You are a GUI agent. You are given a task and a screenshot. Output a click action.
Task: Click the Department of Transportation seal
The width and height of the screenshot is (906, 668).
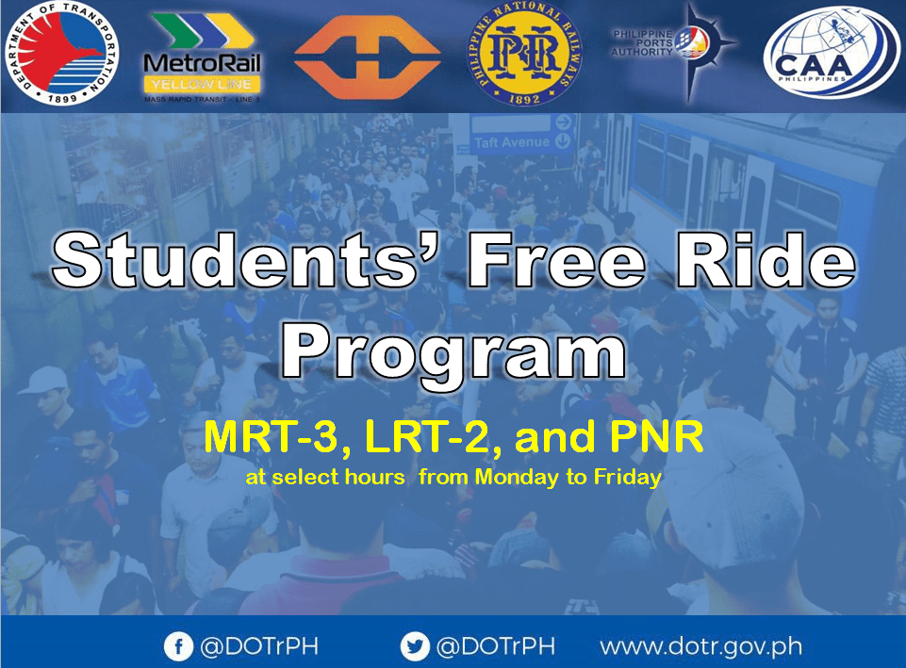tap(55, 55)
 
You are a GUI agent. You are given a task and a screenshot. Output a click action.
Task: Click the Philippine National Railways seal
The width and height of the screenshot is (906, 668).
tap(522, 54)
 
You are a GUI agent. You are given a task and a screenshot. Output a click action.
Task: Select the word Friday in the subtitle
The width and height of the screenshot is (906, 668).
tap(627, 477)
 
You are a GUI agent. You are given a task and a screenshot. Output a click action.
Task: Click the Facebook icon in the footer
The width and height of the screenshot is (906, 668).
tap(177, 647)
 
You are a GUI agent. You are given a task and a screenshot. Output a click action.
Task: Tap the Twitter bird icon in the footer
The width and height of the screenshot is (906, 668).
tap(414, 647)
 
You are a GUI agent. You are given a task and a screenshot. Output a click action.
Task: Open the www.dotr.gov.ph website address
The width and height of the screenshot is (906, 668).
tap(700, 647)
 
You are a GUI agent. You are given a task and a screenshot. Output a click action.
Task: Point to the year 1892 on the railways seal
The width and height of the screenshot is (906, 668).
tap(522, 95)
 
